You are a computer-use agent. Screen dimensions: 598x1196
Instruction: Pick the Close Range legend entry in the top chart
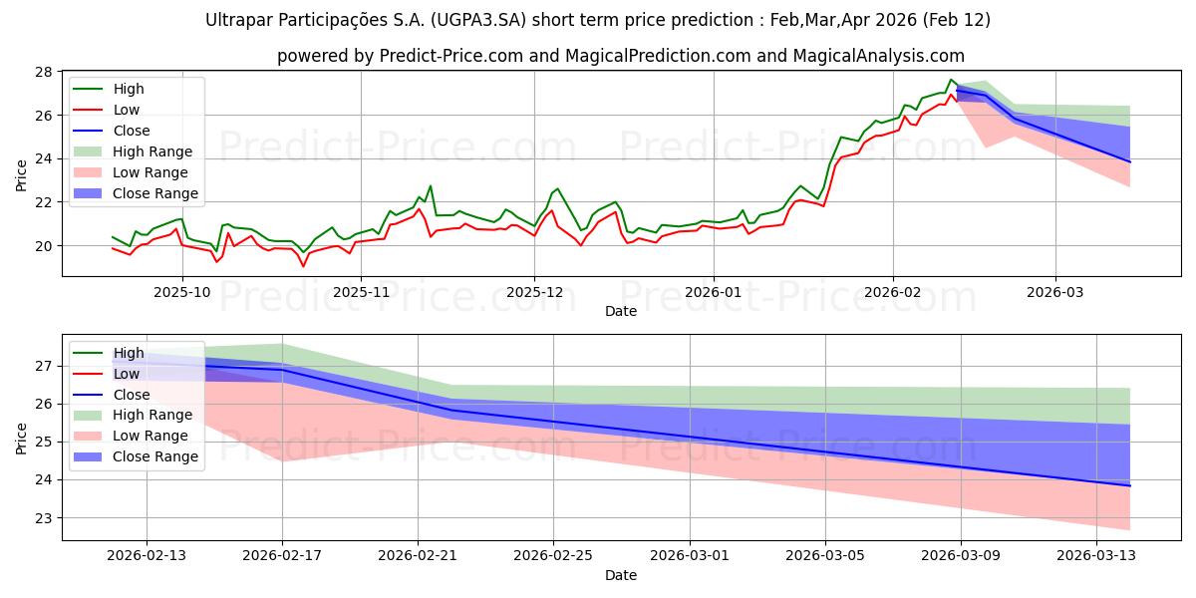pos(155,193)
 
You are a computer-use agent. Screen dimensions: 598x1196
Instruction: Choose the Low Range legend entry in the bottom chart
pos(151,436)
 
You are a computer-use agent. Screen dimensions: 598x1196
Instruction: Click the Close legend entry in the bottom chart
pos(132,395)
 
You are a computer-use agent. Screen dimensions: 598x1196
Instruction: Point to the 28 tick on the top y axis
pos(47,72)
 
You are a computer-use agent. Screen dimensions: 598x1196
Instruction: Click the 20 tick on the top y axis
pos(47,245)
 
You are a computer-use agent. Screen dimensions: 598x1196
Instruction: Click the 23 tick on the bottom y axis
pos(47,518)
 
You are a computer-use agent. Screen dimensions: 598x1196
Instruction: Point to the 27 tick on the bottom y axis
pos(47,366)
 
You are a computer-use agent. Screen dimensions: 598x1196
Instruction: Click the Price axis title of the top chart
pos(22,173)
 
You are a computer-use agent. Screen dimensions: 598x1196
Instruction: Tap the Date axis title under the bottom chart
pos(621,575)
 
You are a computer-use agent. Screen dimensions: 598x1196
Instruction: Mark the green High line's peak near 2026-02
pos(951,80)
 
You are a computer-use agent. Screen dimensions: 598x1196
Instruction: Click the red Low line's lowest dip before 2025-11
pos(303,266)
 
